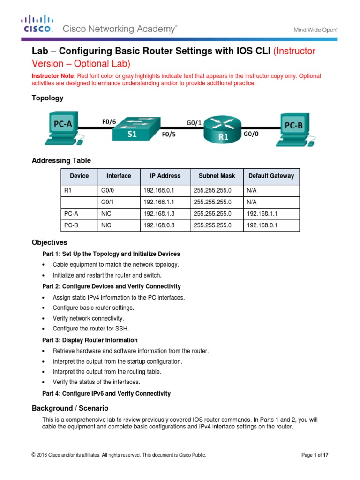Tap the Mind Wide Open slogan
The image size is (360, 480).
pyautogui.click(x=315, y=30)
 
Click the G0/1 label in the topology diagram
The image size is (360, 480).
pyautogui.click(x=194, y=123)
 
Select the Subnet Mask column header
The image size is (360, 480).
pyautogui.click(x=216, y=176)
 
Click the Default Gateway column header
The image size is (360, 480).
pyautogui.click(x=271, y=176)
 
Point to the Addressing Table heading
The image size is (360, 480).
pyautogui.click(x=61, y=160)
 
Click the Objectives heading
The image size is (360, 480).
pyautogui.click(x=50, y=242)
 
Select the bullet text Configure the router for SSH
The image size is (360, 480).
pyautogui.click(x=90, y=329)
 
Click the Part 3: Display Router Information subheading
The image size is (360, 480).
pyautogui.click(x=90, y=340)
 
